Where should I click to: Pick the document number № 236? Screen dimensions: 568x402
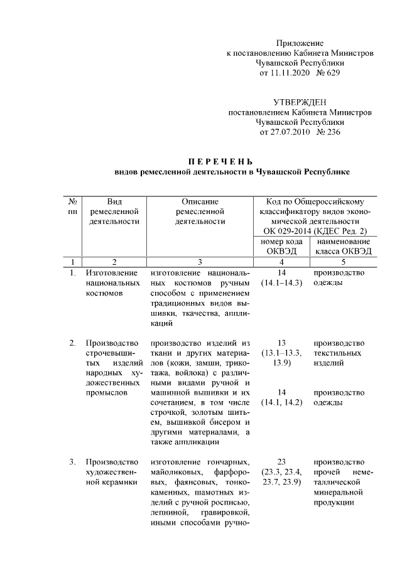[x=329, y=132]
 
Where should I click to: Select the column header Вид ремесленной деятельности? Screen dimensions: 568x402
[x=114, y=212]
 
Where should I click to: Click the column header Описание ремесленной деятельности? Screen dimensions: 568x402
[x=200, y=212]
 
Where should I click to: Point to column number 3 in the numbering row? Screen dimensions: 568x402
[x=200, y=262]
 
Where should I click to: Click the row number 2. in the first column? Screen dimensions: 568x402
[x=73, y=343]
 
